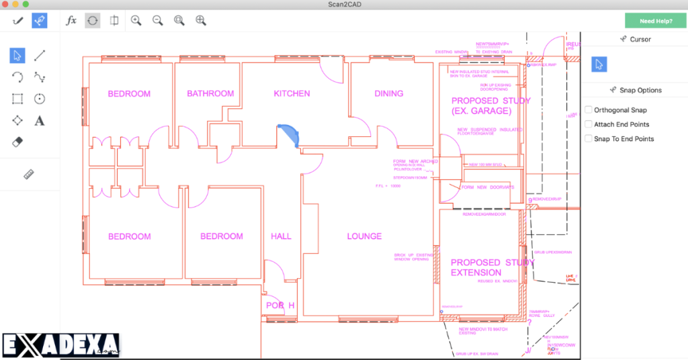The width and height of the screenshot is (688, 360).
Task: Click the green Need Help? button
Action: tap(656, 21)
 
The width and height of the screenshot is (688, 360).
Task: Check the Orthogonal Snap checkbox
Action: tap(589, 110)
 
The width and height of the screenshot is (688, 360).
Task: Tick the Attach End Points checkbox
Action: tap(589, 124)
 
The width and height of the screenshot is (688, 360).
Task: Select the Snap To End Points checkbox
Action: tap(589, 139)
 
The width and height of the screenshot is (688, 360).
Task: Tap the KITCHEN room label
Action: tap(292, 93)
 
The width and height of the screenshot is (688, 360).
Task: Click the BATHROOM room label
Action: tap(210, 93)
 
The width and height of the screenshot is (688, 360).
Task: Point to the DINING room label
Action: tap(388, 93)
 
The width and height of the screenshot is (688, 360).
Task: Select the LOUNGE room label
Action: tap(364, 236)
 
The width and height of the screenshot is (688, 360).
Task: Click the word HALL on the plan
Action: tap(281, 236)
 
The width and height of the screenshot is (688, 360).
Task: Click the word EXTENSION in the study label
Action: tap(476, 273)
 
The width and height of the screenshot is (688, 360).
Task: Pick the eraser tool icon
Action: tap(18, 142)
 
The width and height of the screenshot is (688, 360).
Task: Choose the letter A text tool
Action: tap(40, 121)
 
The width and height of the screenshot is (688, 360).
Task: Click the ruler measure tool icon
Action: tap(28, 175)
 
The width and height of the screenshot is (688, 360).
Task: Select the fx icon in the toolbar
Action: tap(71, 21)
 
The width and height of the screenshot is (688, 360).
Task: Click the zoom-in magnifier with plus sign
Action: tap(136, 21)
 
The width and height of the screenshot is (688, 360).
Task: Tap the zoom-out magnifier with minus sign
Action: tap(157, 21)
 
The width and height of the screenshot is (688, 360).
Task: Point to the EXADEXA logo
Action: tap(60, 346)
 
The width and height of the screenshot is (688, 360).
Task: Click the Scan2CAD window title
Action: tap(343, 5)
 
